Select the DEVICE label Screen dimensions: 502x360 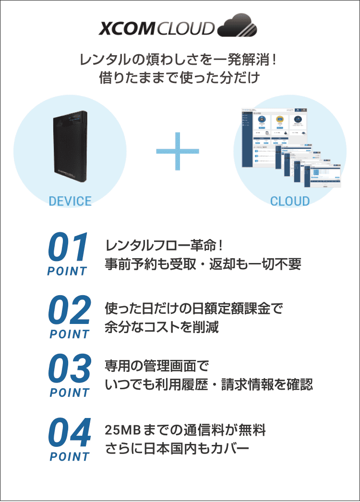point(70,201)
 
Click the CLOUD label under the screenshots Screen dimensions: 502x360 point(290,201)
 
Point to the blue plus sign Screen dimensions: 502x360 point(178,151)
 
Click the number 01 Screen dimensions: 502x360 point(68,248)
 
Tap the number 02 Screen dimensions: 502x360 point(70,311)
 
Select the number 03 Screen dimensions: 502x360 point(70,370)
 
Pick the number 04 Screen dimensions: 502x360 point(70,433)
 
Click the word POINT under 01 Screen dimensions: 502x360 point(67,271)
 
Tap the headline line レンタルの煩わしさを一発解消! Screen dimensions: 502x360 point(180,60)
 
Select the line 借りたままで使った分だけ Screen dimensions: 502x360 point(180,77)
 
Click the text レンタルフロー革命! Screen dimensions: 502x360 point(164,246)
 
